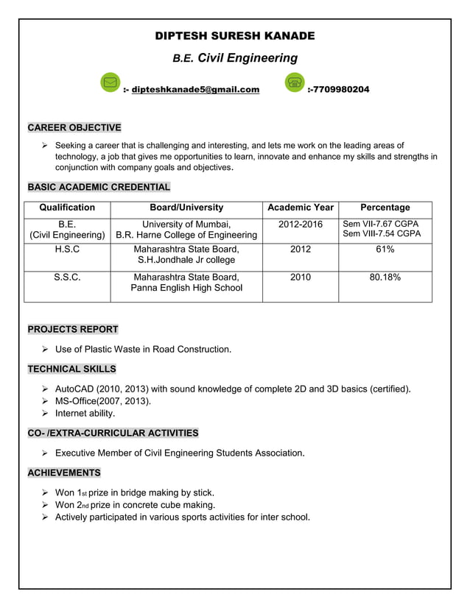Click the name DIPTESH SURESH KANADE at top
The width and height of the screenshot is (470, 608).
(x=234, y=35)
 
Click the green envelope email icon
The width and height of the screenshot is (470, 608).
(x=111, y=82)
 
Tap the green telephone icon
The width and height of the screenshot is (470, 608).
(x=295, y=82)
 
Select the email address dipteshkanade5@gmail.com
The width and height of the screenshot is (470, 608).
(x=195, y=90)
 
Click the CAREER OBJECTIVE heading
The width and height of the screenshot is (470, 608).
(x=74, y=128)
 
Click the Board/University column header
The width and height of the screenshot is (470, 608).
(x=186, y=208)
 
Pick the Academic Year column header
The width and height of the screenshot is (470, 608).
(x=301, y=208)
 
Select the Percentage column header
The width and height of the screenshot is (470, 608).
(x=385, y=208)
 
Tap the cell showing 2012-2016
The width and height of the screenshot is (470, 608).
(x=301, y=225)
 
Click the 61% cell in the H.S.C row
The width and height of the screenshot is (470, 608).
(x=385, y=250)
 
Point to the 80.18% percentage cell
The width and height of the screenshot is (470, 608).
(x=385, y=278)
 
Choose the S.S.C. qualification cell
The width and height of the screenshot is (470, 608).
(x=67, y=278)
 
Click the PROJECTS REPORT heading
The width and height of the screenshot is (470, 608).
(x=73, y=329)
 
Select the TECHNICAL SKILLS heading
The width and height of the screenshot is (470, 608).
(x=72, y=369)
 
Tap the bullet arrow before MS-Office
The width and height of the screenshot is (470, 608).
(x=46, y=401)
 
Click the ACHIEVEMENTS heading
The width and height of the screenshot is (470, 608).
(x=64, y=473)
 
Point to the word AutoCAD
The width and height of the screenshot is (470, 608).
(x=75, y=389)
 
